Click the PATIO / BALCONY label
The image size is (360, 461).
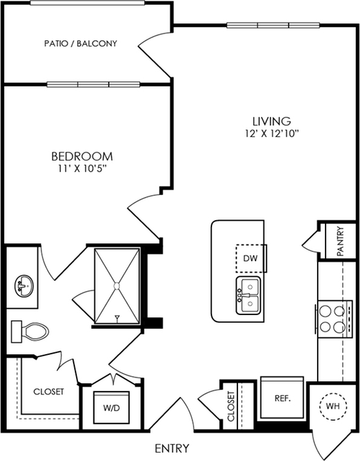[x=81, y=43]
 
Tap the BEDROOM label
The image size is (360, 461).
[x=82, y=156]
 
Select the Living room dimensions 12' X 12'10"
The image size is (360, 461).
[x=272, y=134]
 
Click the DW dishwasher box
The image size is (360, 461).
[x=251, y=258]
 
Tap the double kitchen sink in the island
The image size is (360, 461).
[x=248, y=295]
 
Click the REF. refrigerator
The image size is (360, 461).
[x=282, y=398]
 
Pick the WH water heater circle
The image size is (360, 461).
[x=333, y=406]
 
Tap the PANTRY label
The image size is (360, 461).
[x=340, y=241]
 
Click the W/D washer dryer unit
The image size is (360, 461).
[x=112, y=407]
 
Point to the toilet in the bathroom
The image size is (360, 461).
[x=30, y=332]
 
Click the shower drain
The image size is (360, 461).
[x=117, y=286]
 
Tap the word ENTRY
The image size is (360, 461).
[x=172, y=448]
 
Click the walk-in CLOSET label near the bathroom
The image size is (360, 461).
[x=48, y=392]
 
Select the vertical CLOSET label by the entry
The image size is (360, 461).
[x=231, y=406]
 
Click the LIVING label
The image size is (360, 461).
[x=272, y=121]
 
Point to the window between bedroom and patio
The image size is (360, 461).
[x=93, y=84]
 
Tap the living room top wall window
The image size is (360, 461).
[x=273, y=25]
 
